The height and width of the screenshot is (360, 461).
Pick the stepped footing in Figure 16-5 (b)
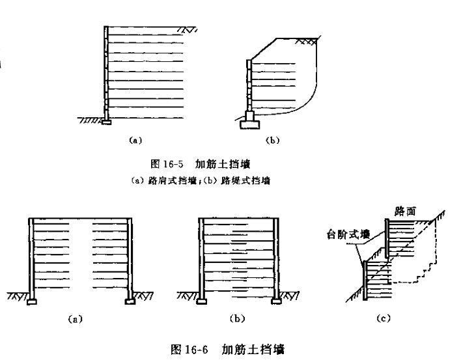tap(250, 121)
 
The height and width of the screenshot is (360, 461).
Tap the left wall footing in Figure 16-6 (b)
tap(203, 301)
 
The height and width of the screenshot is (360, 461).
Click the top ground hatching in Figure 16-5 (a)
tap(191, 30)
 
